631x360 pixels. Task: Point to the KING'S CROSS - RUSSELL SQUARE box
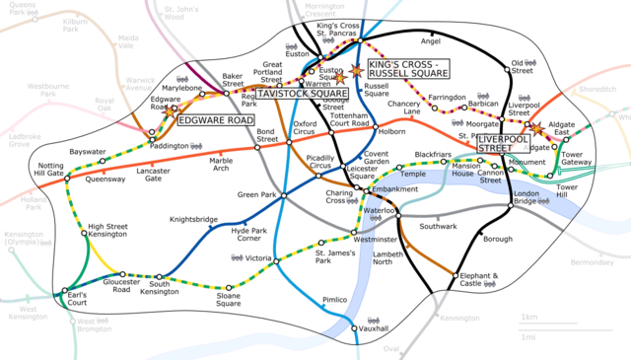pyautogui.click(x=407, y=69)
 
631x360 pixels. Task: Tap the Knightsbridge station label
pyautogui.click(x=192, y=221)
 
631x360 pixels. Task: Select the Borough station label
pyautogui.click(x=498, y=239)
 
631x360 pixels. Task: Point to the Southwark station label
pyautogui.click(x=439, y=226)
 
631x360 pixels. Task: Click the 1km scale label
pyautogui.click(x=528, y=317)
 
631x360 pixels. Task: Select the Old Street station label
pyautogui.click(x=523, y=69)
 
